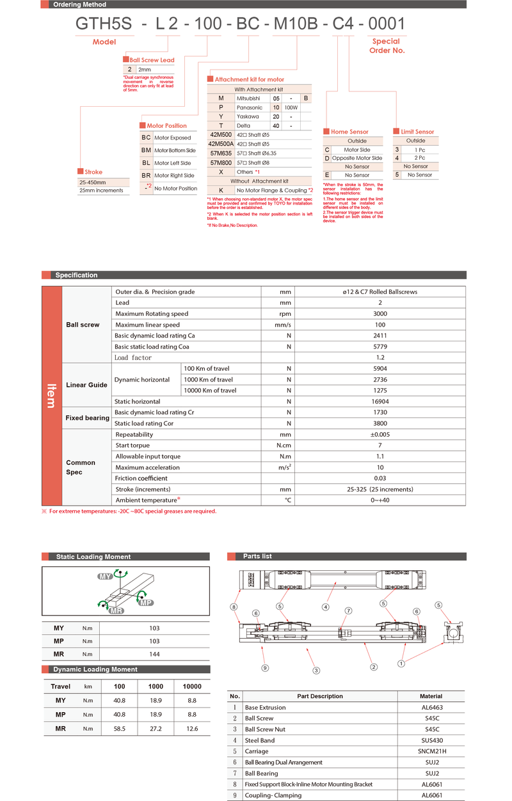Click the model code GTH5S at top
coord(104,24)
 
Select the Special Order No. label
coord(387,45)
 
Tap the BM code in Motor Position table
coord(146,150)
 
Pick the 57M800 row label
coord(221,162)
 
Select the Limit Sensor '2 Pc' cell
coord(420,158)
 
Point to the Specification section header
coord(76,276)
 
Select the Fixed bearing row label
coord(87,418)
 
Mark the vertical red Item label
coord(51,396)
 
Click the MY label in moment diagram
coord(105,577)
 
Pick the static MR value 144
coord(154,654)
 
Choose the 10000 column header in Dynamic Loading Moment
coord(191,687)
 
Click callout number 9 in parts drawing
coord(264,668)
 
